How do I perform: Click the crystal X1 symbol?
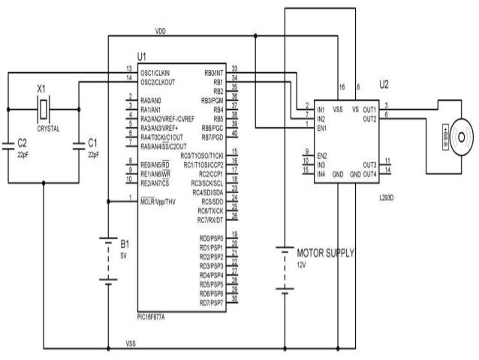[45, 110]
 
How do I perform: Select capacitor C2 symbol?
[8, 144]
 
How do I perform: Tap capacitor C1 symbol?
[80, 144]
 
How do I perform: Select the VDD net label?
[161, 32]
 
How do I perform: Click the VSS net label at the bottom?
[131, 344]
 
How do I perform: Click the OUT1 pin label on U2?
[368, 110]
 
